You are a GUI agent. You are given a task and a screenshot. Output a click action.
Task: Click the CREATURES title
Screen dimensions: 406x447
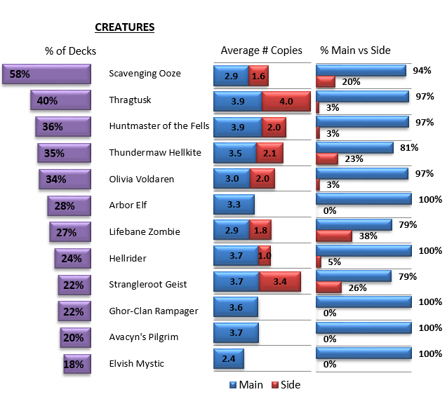[x=124, y=27]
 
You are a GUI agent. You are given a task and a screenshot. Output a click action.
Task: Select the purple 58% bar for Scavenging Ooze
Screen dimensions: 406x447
[x=46, y=74]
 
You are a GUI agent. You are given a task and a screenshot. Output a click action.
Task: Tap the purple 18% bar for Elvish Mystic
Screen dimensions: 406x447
[x=77, y=365]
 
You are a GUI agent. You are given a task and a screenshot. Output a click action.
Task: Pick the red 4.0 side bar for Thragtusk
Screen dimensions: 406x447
[x=286, y=101]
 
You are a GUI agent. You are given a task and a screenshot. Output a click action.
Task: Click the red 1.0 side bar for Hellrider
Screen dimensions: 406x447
[x=265, y=256]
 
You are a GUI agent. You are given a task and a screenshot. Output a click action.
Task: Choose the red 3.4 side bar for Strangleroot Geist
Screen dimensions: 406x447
[x=279, y=282]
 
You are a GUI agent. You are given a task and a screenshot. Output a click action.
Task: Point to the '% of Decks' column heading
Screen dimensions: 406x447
[x=70, y=50]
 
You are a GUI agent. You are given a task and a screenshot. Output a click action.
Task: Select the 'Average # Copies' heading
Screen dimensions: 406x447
[x=261, y=50]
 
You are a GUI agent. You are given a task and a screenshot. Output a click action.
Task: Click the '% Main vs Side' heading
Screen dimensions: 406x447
[x=355, y=50]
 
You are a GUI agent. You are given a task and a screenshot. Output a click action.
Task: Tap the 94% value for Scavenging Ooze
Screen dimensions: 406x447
[x=422, y=70]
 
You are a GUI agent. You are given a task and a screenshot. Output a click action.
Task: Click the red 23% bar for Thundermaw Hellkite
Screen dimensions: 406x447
[x=328, y=158]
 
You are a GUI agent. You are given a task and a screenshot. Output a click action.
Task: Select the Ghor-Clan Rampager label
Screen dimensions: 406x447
[x=154, y=311]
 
